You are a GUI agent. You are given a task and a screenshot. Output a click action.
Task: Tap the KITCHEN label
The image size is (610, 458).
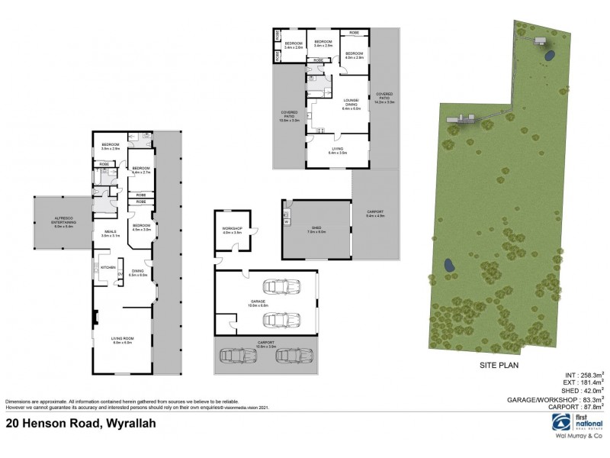coord(108,267)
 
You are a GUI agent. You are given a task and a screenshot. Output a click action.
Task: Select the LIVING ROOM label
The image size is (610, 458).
coord(123,341)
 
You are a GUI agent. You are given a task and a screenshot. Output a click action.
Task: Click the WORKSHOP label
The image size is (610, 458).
coord(232,230)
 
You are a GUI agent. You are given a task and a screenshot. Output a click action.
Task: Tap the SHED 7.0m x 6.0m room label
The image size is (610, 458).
coord(316,229)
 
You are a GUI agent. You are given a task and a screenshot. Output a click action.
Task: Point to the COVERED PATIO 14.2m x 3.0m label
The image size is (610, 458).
coord(384,98)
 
